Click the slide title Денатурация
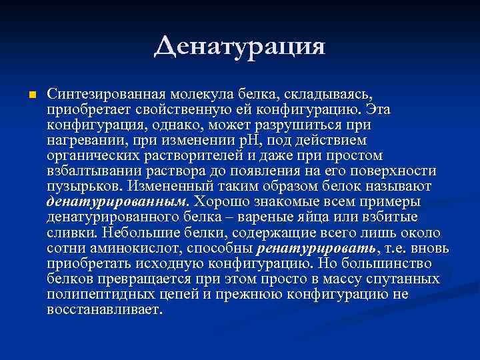pyautogui.click(x=240, y=47)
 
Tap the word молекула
pyautogui.click(x=195, y=94)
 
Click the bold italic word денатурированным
pyautogui.click(x=117, y=201)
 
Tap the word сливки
pyautogui.click(x=71, y=232)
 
